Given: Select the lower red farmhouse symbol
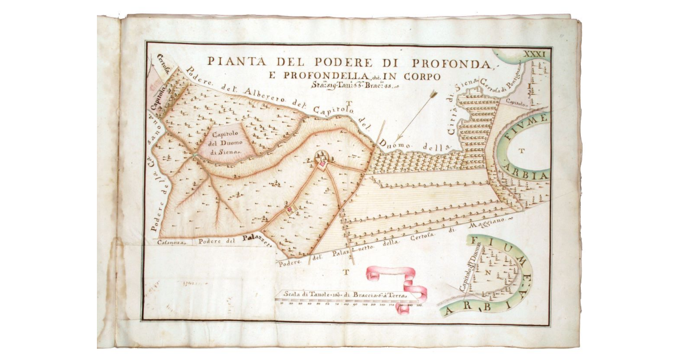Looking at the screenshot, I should point(290,210).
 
